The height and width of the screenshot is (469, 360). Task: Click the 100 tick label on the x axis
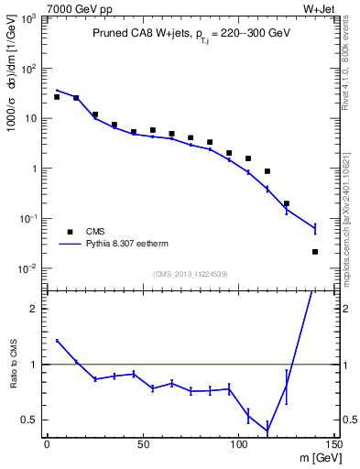point(238,444)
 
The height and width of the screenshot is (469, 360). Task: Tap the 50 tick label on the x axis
point(143,444)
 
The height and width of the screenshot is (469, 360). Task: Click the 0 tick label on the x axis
point(47,444)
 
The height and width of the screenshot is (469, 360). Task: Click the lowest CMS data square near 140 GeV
point(315,252)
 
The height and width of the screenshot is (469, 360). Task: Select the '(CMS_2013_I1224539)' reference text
point(191,273)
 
